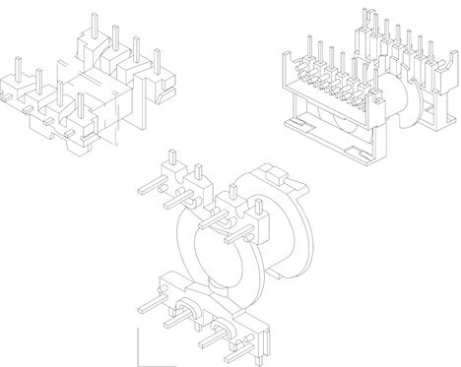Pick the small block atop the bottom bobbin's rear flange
tap(277, 174)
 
